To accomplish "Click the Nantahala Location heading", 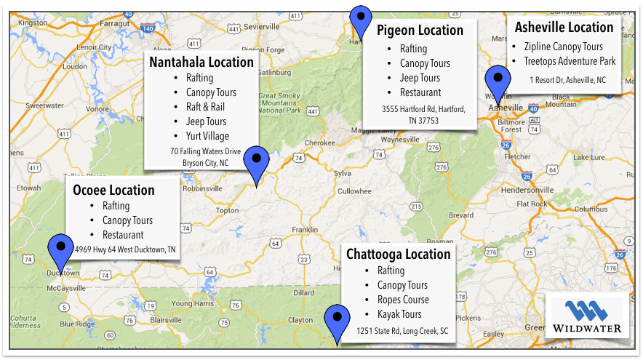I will click(201, 62).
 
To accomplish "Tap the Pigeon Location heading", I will click(420, 31).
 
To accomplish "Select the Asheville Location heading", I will click(564, 27).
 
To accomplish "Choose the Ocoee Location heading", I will click(113, 190).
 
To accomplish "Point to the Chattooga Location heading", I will click(398, 255).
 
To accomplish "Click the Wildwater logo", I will click(586, 317).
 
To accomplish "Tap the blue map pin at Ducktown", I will click(60, 252).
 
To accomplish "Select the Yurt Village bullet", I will click(207, 136).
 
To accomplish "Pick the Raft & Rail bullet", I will click(206, 107).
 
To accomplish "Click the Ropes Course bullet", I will click(403, 300).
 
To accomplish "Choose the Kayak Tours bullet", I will click(399, 314).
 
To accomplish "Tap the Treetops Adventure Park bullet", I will click(570, 61).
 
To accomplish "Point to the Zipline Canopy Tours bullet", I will click(563, 47).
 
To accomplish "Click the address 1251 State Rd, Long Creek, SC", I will click(402, 332).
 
